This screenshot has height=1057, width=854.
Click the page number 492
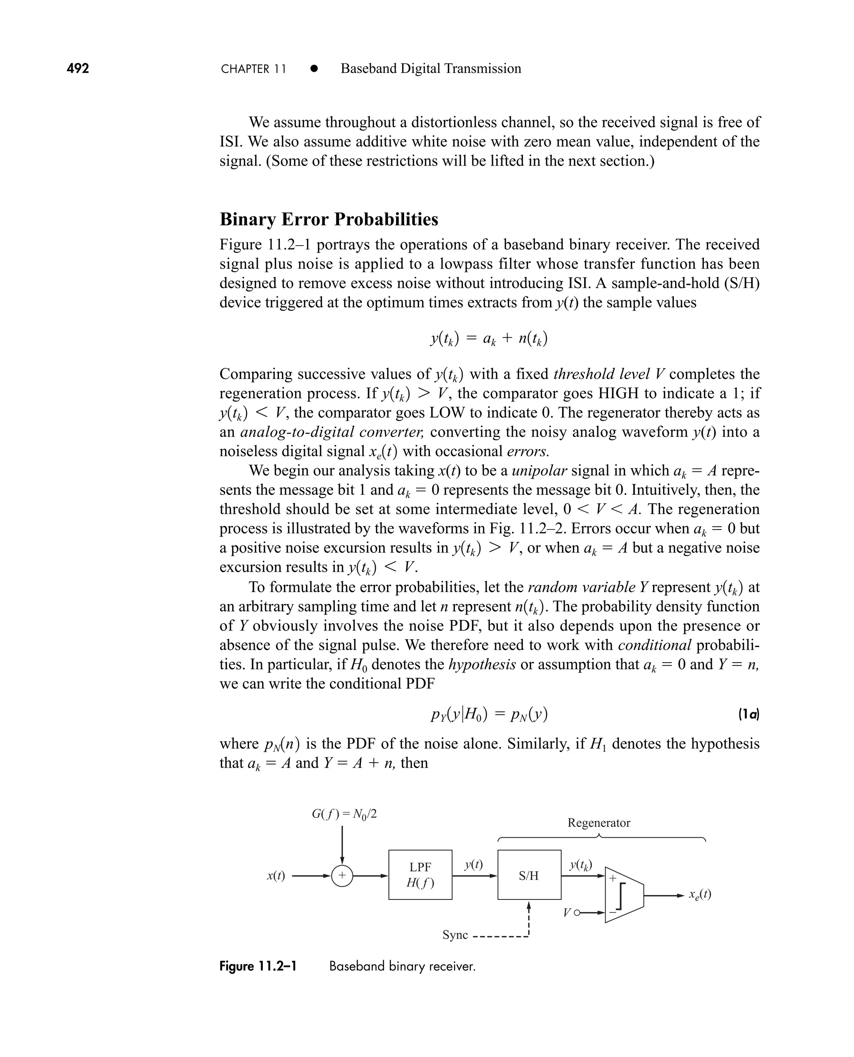[78, 68]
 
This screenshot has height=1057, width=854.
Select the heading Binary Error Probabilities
[329, 219]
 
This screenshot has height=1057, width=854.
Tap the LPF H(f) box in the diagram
[420, 875]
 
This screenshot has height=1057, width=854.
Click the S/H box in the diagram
[529, 875]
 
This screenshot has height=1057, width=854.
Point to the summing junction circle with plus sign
[342, 876]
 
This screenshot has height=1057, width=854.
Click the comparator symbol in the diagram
[624, 895]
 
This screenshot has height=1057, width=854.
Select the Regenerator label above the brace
[598, 823]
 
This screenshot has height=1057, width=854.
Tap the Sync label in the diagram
[455, 934]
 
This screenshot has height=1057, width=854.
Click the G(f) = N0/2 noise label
[344, 814]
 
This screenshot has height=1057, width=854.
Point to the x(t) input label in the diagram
[276, 876]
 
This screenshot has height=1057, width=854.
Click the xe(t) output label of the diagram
[700, 895]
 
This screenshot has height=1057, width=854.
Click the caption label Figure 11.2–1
[258, 967]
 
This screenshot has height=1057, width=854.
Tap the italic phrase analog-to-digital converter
[332, 432]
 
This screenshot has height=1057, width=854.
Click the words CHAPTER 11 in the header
[254, 69]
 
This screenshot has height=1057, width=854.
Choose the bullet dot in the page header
[314, 69]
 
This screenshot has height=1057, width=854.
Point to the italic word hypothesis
[482, 665]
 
